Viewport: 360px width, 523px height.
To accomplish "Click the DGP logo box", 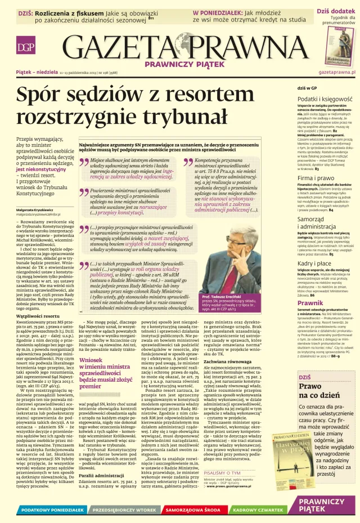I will pos(24,47).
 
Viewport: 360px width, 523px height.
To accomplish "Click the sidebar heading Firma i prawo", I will pos(315,178).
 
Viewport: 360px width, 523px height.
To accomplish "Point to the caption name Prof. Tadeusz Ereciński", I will pos(227,296).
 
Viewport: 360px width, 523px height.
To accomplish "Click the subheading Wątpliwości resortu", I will pos(39,318).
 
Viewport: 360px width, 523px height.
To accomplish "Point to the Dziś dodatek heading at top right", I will pos(335,11).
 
